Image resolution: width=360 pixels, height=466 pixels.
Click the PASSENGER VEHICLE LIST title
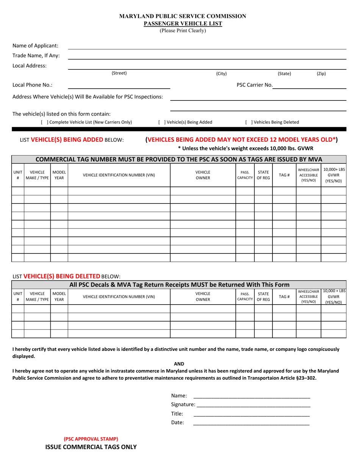coord(183,23)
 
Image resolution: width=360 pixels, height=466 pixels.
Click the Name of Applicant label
coord(35,46)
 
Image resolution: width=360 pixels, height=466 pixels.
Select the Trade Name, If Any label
coord(36,56)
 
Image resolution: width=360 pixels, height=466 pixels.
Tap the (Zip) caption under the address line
coord(321,74)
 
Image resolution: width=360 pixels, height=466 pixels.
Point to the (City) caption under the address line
coord(221,74)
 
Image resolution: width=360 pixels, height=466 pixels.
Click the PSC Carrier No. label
coord(254,85)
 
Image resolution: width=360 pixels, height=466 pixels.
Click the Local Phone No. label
coord(32,85)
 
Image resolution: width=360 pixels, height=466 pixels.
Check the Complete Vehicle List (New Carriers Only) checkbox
coord(44,122)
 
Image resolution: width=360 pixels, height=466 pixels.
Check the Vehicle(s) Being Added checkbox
coord(161,122)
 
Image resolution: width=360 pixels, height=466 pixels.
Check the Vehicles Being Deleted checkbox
coord(249,122)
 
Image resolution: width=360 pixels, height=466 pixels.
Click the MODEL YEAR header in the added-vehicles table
coord(59,175)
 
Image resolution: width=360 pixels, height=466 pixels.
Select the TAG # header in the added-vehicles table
coord(284,175)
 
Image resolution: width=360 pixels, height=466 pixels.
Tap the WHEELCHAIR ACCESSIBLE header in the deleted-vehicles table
coord(308,297)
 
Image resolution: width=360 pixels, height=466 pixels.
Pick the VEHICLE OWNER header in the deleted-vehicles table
coord(203,297)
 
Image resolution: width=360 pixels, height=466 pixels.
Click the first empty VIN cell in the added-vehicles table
coord(119,191)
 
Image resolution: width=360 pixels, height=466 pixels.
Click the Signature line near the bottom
coord(253,405)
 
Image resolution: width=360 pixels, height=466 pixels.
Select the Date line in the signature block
coord(251,422)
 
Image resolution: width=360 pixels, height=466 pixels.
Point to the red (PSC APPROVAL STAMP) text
coord(91,439)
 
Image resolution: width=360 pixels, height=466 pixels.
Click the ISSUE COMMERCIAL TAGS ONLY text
coord(91,447)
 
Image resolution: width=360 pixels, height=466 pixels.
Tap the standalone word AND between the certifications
coord(179,364)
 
